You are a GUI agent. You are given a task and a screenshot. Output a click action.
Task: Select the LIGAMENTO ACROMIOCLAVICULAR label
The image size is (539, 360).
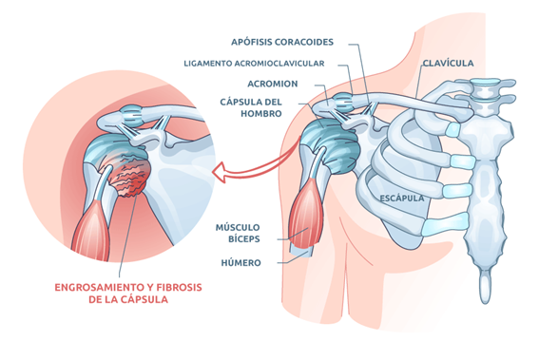click(254, 64)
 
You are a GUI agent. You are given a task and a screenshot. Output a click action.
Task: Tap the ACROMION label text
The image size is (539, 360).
click(274, 84)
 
